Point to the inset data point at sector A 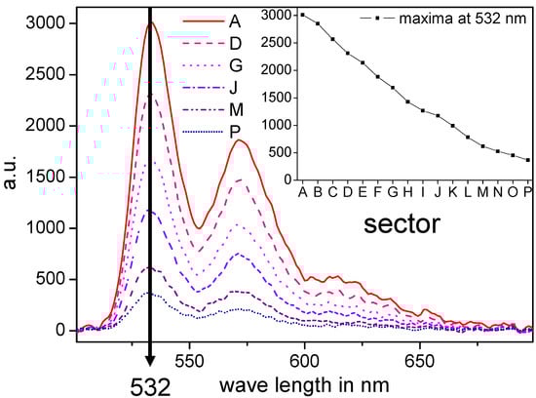[x=303, y=15]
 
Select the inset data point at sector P [x=527, y=160]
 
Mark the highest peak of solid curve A [x=151, y=23]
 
